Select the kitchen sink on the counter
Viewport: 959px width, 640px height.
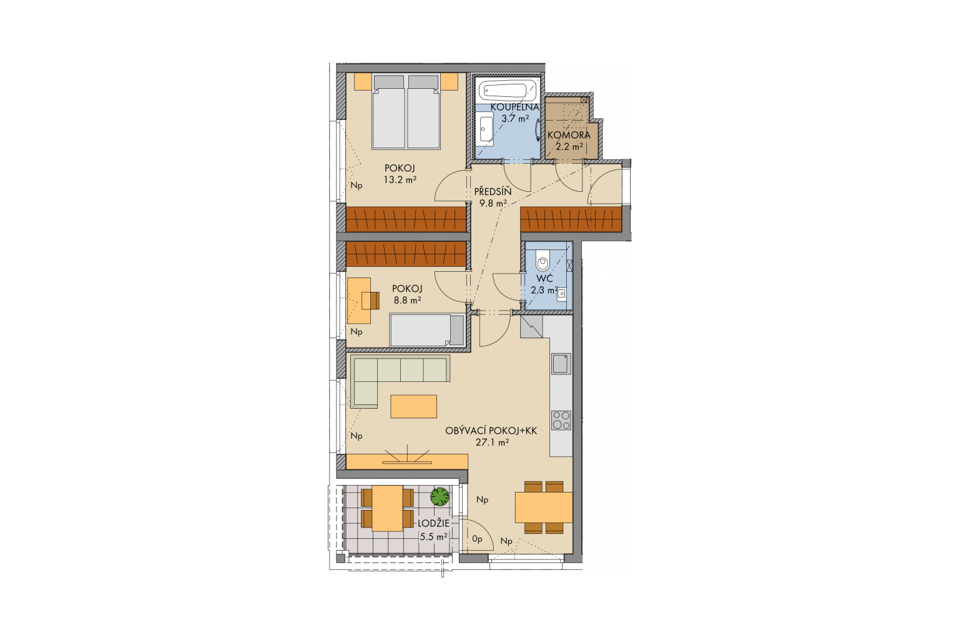[561, 364]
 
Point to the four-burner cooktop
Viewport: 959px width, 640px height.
[561, 420]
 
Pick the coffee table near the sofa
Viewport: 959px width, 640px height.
[413, 406]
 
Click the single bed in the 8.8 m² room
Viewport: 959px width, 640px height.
[427, 330]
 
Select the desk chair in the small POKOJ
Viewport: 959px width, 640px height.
[371, 301]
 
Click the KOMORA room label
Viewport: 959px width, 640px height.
[569, 134]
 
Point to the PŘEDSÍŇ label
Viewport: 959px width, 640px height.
[493, 192]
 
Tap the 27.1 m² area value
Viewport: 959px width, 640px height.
[493, 442]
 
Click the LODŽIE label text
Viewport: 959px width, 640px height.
[434, 523]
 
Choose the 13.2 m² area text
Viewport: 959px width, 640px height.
[400, 180]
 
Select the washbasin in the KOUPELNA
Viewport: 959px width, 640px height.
[486, 129]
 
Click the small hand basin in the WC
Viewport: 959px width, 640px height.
[561, 293]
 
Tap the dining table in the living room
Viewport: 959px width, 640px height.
[544, 507]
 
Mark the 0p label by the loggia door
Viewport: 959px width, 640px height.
[478, 539]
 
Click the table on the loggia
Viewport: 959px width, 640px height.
[388, 508]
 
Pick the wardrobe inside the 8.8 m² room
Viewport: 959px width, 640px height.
[406, 254]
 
